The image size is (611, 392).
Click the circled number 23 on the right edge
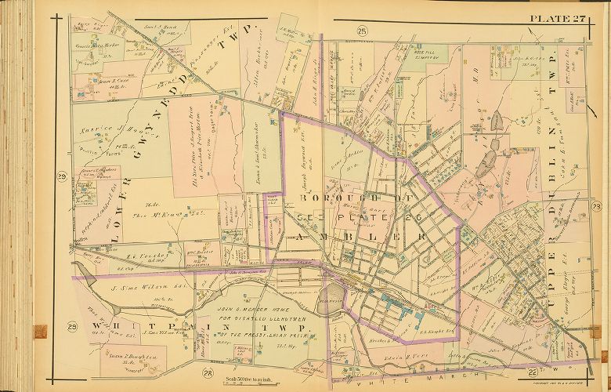tap(597, 205)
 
